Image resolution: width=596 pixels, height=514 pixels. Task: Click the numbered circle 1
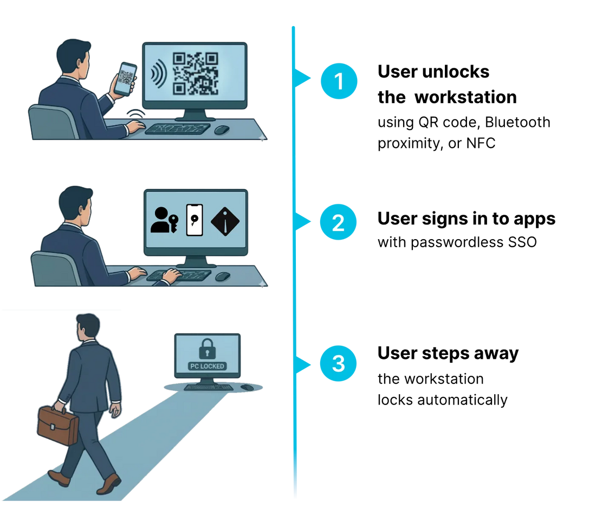tap(339, 81)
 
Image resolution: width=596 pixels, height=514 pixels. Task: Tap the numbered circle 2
tap(338, 222)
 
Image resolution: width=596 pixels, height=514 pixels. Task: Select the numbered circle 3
tap(338, 363)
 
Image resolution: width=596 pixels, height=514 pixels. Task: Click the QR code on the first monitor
tap(196, 73)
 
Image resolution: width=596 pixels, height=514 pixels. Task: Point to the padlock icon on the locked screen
tap(207, 349)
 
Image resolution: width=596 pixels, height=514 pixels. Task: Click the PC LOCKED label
tap(207, 366)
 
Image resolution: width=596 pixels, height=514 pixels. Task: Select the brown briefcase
tap(57, 425)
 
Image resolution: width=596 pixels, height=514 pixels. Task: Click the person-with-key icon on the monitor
tap(164, 220)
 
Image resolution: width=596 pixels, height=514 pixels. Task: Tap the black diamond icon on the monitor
tap(225, 221)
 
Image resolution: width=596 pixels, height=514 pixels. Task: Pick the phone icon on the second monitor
tap(194, 220)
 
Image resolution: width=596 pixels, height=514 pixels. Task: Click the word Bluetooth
tap(517, 122)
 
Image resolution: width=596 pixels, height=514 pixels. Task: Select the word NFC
tap(481, 143)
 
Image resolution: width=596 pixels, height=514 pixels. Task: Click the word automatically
tap(462, 400)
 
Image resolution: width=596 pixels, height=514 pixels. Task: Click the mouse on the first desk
tap(222, 130)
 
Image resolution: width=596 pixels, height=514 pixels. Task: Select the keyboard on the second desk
tap(179, 275)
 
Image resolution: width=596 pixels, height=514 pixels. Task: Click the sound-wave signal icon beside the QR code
tap(159, 73)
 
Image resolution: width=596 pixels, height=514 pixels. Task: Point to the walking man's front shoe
tap(109, 484)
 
